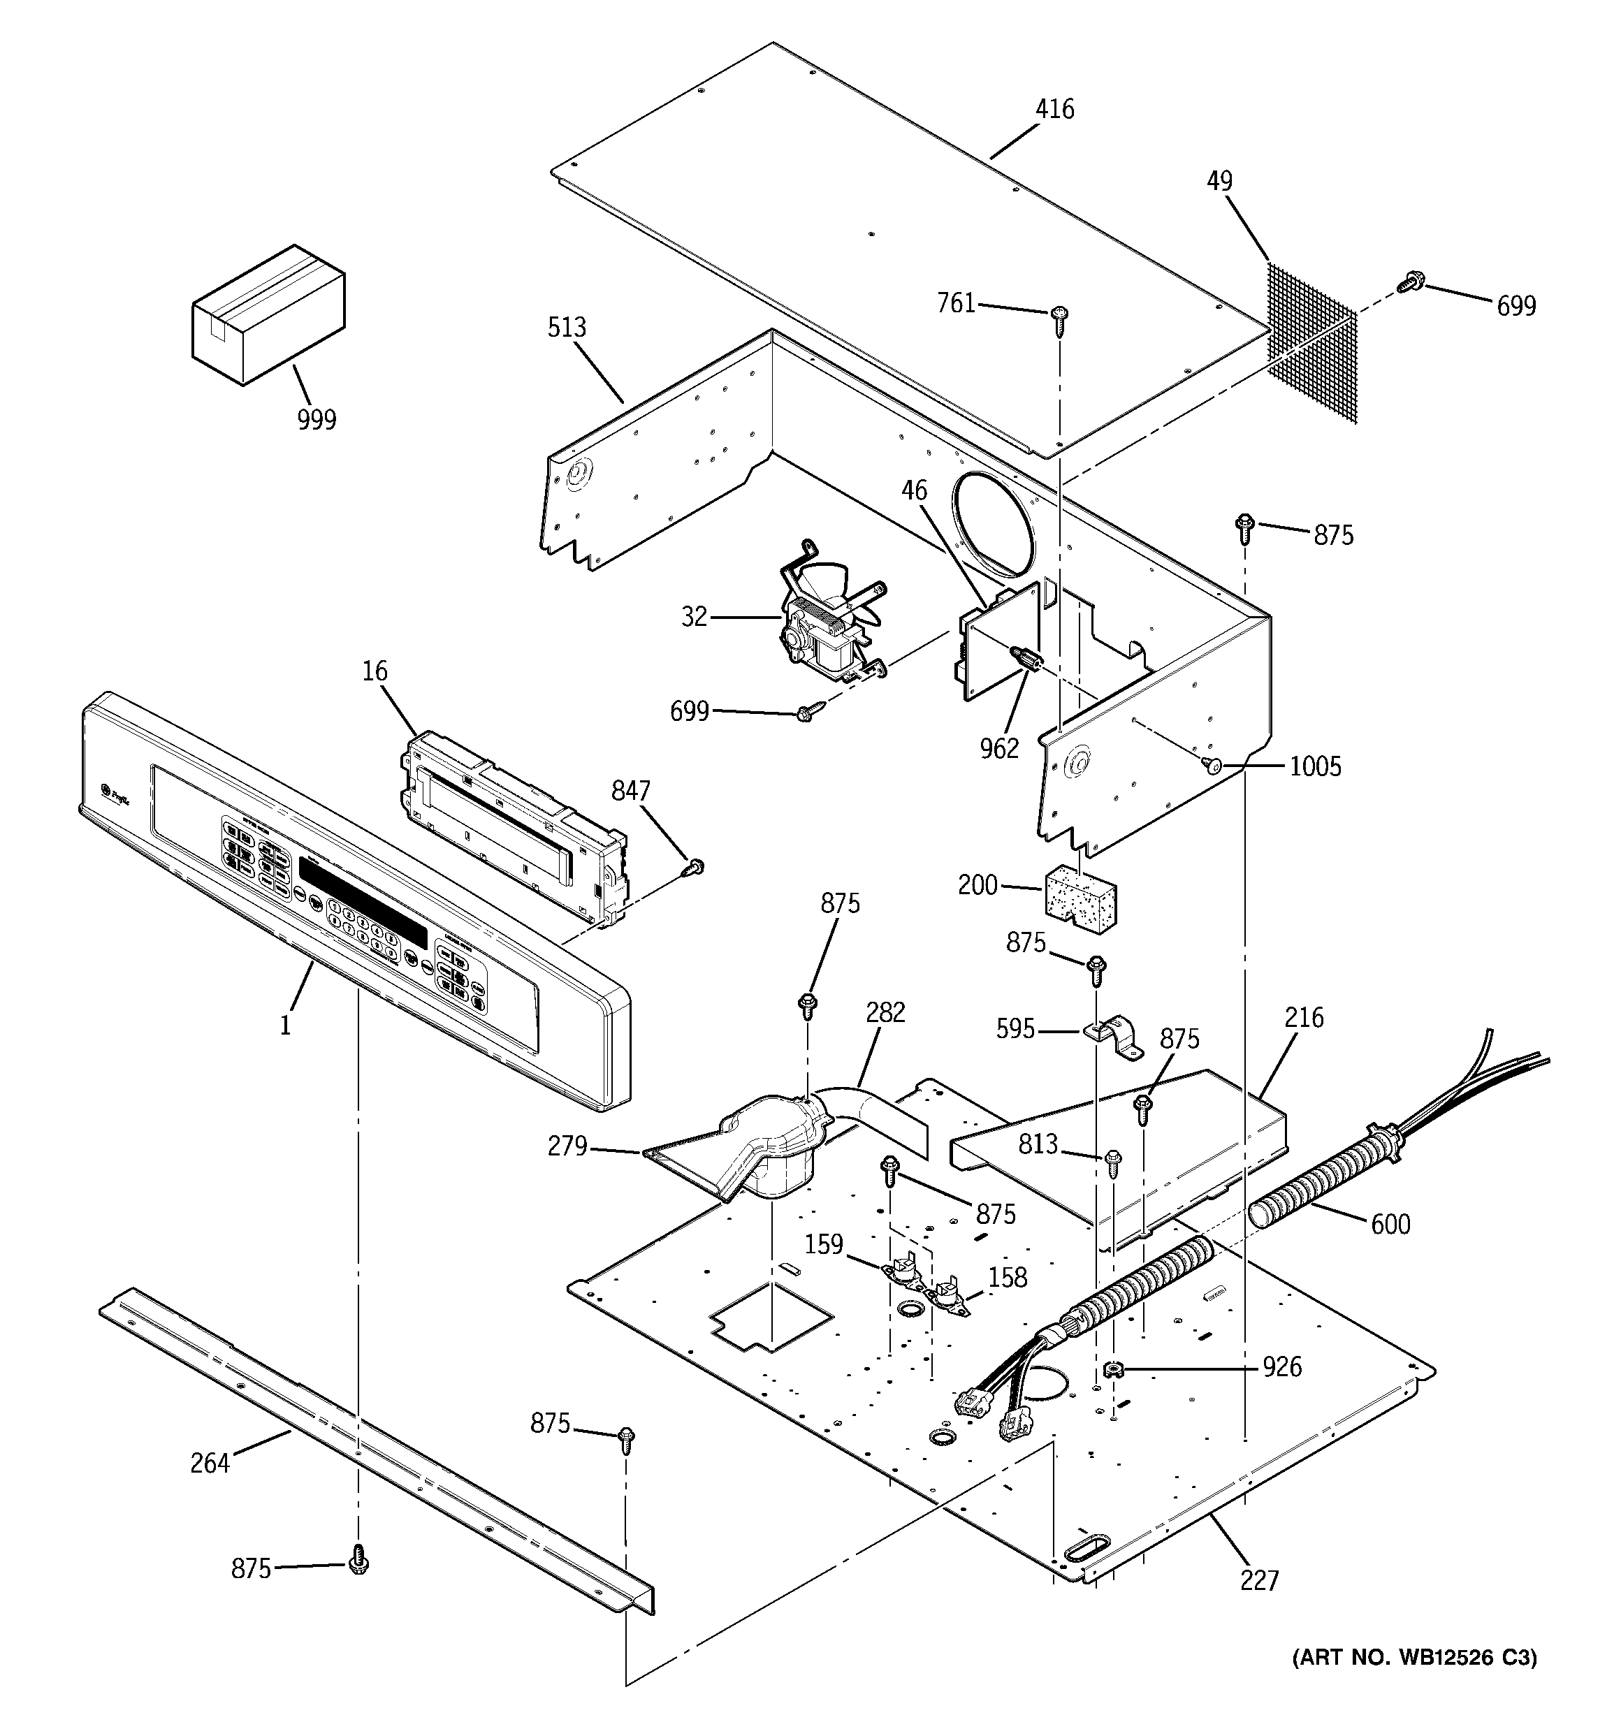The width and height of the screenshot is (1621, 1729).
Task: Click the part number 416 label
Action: pos(1054,110)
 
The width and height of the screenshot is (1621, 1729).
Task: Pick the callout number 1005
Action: pos(1315,766)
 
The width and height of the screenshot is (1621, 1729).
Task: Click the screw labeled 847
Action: pos(695,867)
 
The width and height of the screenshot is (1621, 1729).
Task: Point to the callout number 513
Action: pos(567,328)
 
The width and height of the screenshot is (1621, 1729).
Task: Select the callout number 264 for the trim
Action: pos(210,1463)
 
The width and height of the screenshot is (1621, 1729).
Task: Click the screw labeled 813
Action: pos(1113,1161)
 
